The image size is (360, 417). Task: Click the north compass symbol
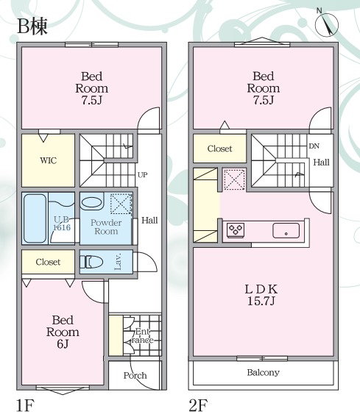coord(326,24)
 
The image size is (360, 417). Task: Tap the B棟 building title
coord(32,26)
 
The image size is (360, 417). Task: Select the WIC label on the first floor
coord(48,160)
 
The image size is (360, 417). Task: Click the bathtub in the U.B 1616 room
coord(35,218)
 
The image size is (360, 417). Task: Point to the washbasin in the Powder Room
coord(92,204)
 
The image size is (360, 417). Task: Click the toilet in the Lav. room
coord(91,262)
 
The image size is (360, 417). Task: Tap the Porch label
coord(135,375)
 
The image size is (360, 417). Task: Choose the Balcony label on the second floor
coord(263,372)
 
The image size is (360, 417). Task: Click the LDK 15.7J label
coord(261,295)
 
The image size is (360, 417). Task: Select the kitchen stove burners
coord(236,230)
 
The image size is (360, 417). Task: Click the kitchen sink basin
coord(286,231)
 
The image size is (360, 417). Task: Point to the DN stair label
coord(314,146)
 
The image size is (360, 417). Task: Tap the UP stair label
coord(143,175)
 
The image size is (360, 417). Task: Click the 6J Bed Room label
coord(63,332)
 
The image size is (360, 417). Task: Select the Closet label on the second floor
coord(219,149)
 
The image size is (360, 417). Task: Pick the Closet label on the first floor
coord(48,262)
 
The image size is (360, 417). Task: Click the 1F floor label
coord(25,405)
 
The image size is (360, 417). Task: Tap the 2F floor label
coord(197,405)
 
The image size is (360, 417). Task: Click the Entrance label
coord(142,335)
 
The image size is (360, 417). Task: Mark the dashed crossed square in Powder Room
coord(121,204)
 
